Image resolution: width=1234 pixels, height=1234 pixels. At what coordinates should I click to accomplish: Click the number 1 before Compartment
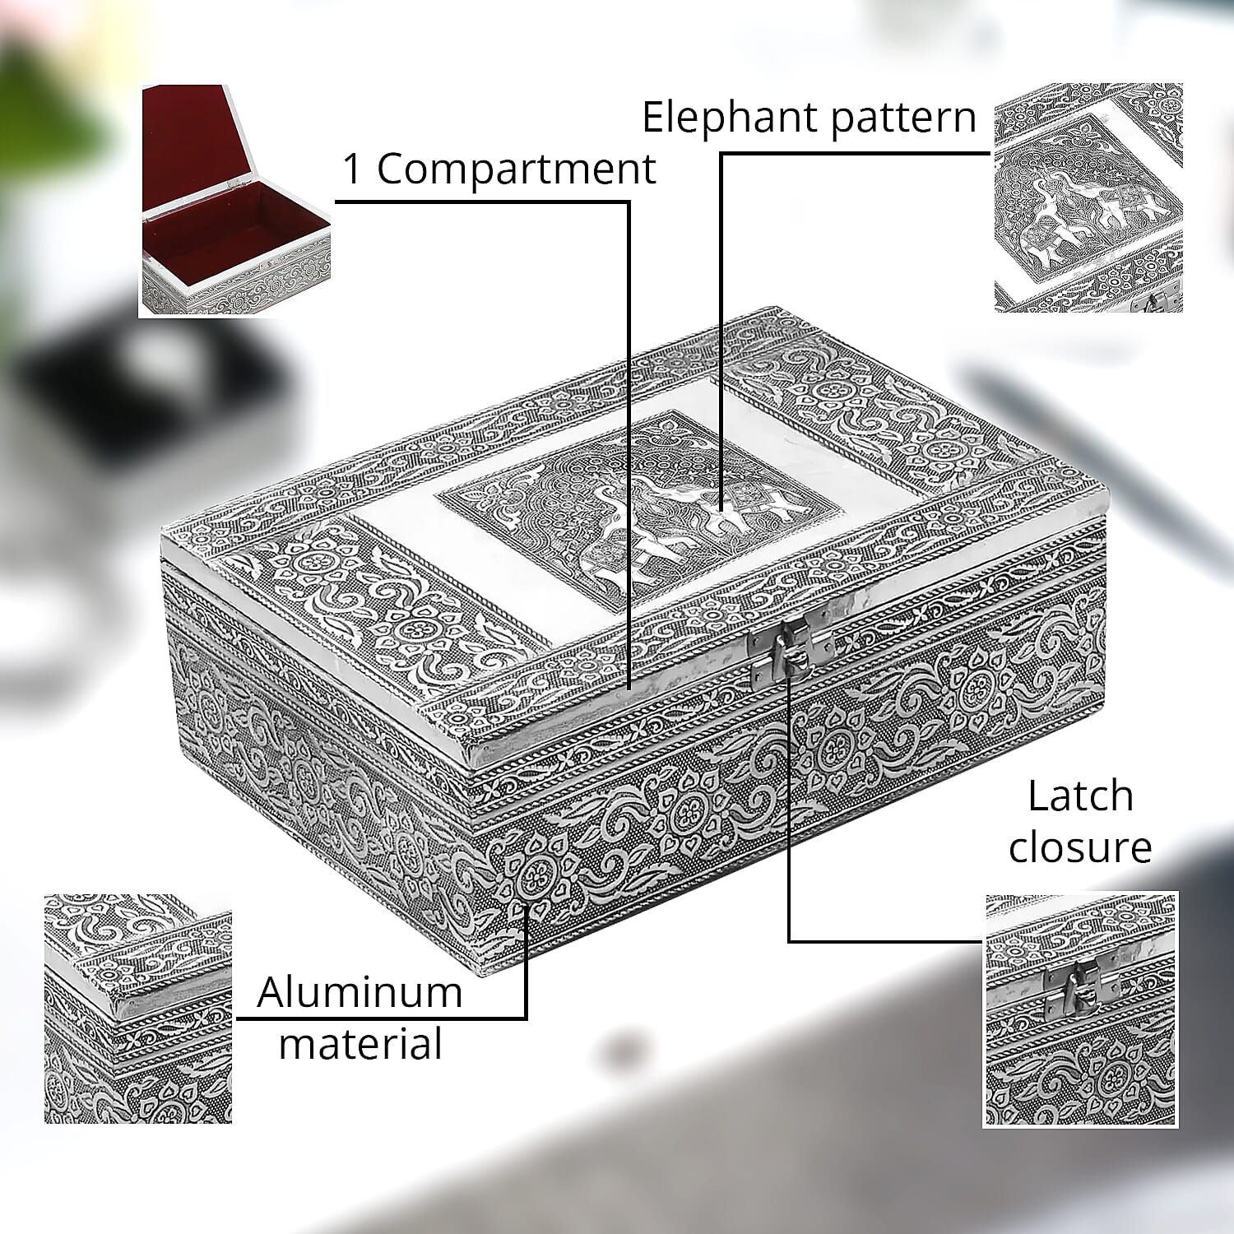351,169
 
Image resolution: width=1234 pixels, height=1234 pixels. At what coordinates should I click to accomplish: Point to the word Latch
1080,796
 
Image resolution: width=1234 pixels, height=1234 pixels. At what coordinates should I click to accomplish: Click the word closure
1080,847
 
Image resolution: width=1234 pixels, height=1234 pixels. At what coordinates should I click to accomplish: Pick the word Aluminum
360,992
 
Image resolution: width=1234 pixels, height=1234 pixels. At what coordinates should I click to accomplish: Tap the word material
360,1043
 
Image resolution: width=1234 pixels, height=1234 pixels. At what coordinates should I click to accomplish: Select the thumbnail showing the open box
235,200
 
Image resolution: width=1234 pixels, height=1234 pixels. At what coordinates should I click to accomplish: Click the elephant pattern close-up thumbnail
1088,197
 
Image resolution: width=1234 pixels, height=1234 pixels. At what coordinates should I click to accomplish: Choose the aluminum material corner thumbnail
138,1009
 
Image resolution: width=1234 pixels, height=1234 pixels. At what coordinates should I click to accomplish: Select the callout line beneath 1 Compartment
483,201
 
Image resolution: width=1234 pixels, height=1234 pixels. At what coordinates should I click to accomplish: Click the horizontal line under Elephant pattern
856,153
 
